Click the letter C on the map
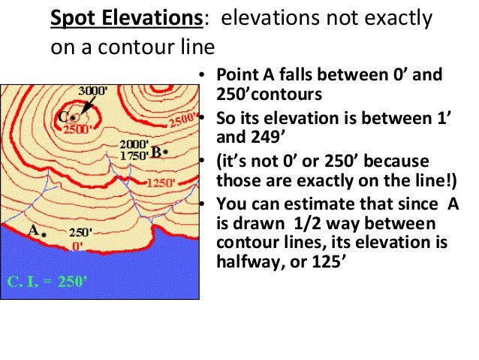point(65,116)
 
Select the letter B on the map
point(155,151)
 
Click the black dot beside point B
point(165,152)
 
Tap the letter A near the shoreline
point(33,231)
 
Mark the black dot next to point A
point(44,235)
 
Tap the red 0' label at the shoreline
point(77,245)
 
